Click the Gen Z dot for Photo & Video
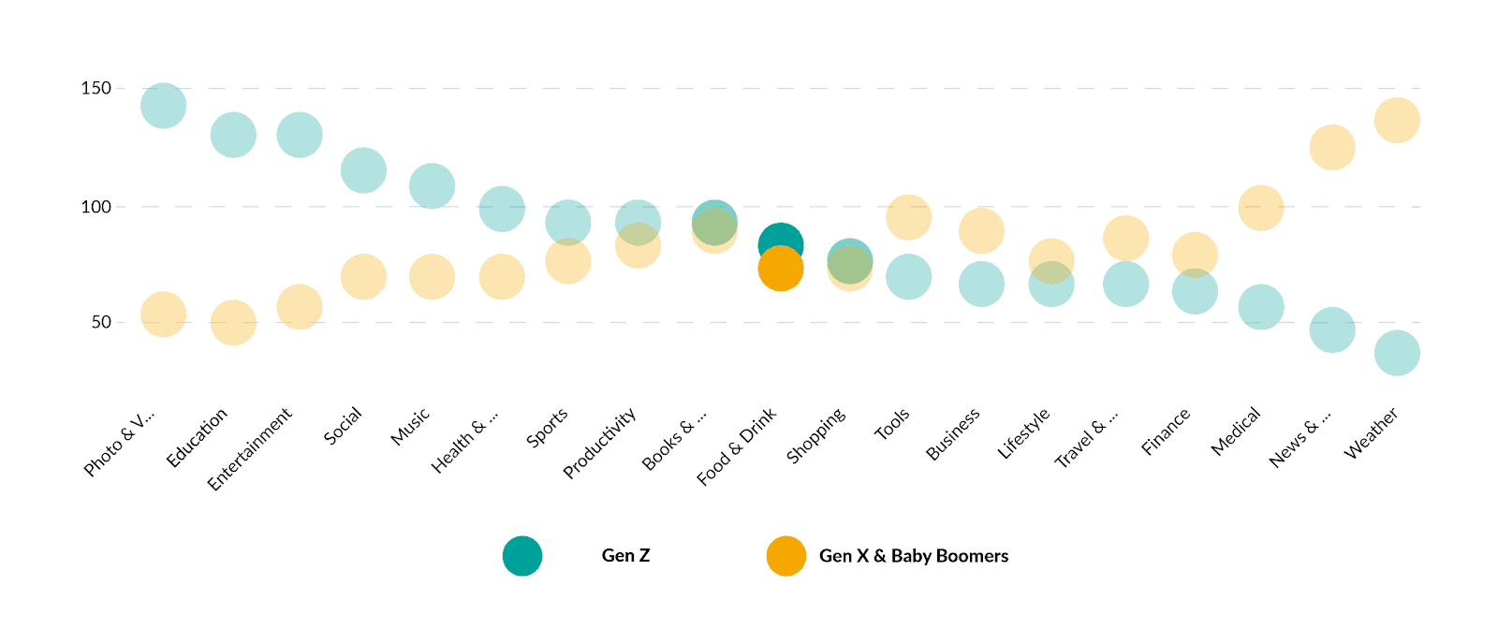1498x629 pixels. pos(164,105)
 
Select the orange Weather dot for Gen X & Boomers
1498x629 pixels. pos(1397,121)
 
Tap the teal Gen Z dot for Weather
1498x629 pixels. pos(1397,353)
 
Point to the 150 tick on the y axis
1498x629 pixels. pos(96,88)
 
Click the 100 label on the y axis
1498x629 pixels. pos(96,207)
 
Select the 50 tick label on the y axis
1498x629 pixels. pos(101,322)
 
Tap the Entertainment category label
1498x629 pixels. pos(250,448)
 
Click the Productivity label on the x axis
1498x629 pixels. pos(600,442)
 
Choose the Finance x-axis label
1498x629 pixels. pos(1166,432)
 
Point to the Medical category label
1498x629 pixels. pos(1236,432)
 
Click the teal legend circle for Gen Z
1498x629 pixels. pos(522,556)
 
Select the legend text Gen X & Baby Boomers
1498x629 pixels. pos(914,556)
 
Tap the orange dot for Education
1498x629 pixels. pos(233,323)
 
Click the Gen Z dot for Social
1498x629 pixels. pos(363,170)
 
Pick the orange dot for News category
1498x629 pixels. pos(1331,147)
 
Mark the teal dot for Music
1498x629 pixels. pos(432,186)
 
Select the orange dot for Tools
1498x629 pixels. pos(908,218)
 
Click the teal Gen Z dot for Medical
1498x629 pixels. pos(1261,307)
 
